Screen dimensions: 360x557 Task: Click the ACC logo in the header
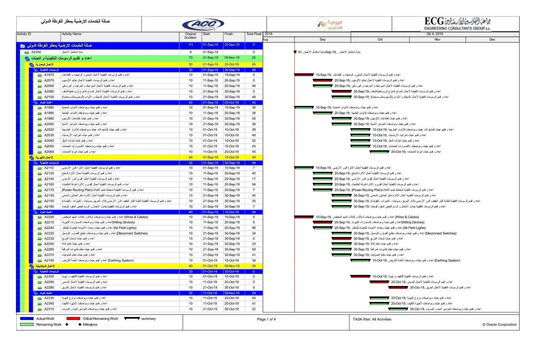point(203,24)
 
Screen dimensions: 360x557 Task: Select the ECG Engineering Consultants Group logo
point(457,24)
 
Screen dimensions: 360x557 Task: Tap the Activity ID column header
point(24,34)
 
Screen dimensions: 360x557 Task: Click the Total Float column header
point(253,34)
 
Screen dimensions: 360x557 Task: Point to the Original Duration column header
point(190,36)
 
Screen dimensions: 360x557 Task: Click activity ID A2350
point(36,52)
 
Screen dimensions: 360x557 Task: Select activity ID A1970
point(49,75)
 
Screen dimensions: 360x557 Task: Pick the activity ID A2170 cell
point(49,190)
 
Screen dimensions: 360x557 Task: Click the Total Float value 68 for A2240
point(254,228)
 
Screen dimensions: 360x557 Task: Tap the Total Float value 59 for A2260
point(254,249)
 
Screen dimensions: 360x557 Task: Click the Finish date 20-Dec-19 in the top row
point(232,45)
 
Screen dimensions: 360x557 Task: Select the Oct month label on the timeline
point(380,40)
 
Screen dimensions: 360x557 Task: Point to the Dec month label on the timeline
point(492,40)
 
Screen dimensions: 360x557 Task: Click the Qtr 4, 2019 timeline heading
point(435,34)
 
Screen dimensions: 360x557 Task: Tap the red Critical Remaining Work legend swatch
point(73,319)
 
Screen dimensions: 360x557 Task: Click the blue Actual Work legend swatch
point(27,319)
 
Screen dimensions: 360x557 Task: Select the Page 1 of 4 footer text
point(266,319)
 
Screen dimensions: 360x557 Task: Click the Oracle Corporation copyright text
point(500,325)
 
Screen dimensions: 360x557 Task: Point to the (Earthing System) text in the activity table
point(121,261)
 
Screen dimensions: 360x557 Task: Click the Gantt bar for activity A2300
point(360,277)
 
